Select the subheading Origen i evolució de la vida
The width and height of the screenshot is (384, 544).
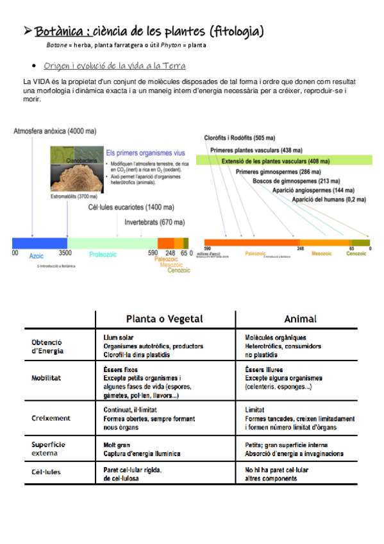(115, 66)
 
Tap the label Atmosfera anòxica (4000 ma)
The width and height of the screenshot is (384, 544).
(55, 132)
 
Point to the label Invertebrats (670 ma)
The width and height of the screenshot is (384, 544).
(154, 223)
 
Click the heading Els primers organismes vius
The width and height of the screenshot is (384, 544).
(144, 153)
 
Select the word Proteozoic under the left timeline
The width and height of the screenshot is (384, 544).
(102, 255)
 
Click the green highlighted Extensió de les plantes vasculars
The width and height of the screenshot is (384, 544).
(276, 160)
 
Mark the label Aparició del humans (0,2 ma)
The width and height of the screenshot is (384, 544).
(329, 200)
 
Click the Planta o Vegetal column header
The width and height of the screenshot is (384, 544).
(165, 319)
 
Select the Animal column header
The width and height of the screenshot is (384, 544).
(300, 319)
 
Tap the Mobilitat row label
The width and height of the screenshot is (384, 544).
(46, 378)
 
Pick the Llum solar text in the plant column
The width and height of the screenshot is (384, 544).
(119, 337)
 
